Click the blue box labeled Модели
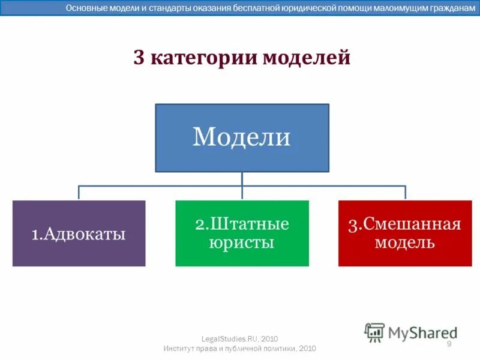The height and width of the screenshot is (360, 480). point(242,138)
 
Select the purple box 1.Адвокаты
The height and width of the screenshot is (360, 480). point(79,233)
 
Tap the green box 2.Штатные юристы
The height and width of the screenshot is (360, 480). point(242,233)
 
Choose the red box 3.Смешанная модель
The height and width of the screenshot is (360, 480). point(405,233)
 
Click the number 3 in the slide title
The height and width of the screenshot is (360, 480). point(139,58)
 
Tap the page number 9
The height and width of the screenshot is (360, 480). point(449,344)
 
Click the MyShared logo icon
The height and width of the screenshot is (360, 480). point(374,332)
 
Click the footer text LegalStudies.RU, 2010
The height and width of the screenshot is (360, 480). point(239,339)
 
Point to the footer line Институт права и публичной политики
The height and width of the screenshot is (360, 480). point(239,349)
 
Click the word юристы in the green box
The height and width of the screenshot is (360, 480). point(242,243)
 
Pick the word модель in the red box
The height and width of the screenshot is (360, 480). point(405,243)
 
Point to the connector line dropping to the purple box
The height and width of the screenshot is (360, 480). point(79,193)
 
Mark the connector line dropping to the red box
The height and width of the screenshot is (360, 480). point(405,193)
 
